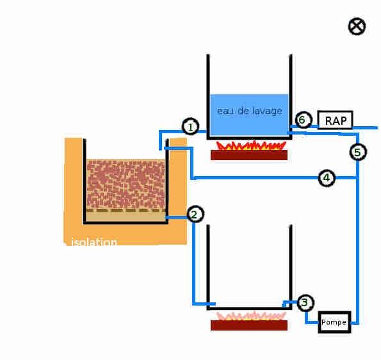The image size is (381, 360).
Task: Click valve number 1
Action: [x=191, y=126]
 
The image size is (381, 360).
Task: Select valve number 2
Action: [x=195, y=214]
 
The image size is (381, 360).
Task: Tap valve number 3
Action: [x=305, y=302]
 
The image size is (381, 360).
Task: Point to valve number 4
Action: [x=327, y=178]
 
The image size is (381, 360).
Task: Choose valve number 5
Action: [x=358, y=152]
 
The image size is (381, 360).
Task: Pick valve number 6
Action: [x=304, y=120]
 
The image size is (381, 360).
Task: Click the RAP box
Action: [x=336, y=120]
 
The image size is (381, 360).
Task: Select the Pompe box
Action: [x=335, y=322]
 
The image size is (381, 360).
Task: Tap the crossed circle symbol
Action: [x=357, y=26]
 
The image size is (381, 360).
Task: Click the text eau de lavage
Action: [x=250, y=111]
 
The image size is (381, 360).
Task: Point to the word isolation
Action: [x=94, y=242]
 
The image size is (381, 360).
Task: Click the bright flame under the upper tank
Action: [x=251, y=145]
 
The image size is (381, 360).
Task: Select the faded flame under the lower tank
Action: [x=251, y=316]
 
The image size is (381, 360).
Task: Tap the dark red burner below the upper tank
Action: [x=249, y=155]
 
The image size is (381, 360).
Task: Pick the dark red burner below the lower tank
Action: [x=249, y=325]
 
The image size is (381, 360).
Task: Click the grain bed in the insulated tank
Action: [x=126, y=184]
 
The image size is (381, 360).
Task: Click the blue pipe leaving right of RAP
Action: [x=365, y=127]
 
